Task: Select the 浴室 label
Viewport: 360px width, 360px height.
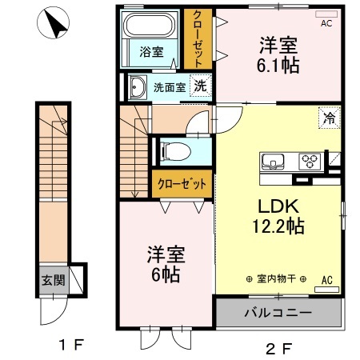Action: (x=152, y=53)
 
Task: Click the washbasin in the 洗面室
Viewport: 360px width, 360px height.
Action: (x=136, y=87)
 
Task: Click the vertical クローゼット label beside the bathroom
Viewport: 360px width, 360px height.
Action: (x=195, y=39)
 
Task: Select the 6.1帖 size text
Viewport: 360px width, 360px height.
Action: (x=279, y=66)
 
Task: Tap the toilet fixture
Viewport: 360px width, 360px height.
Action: (x=174, y=152)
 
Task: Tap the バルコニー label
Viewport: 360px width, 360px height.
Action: (x=278, y=312)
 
